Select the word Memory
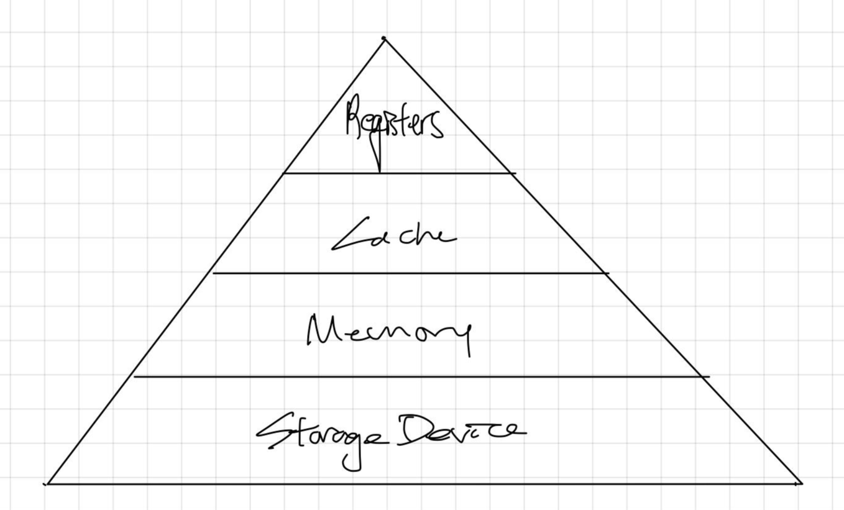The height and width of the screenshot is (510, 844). [x=389, y=332]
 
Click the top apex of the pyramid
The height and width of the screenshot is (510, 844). [x=383, y=39]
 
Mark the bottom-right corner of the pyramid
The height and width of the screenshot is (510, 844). [x=800, y=483]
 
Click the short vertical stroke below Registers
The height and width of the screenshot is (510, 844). [x=379, y=160]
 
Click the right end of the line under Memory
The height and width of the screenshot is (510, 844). [x=708, y=376]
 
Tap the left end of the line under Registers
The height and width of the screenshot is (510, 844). [x=284, y=173]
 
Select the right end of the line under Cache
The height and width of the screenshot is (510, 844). [x=607, y=273]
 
